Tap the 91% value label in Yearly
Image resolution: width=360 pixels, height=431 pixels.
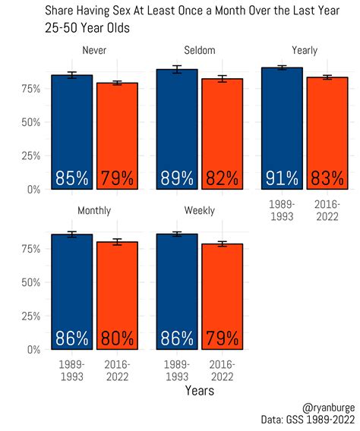point(281,179)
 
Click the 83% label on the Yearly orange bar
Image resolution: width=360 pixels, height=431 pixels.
point(327,179)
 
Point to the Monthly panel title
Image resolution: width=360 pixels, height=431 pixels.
point(94,210)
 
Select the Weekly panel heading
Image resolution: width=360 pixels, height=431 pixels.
point(199,210)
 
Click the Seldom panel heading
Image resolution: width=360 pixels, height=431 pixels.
point(199,50)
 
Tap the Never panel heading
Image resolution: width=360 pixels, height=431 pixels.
point(94,50)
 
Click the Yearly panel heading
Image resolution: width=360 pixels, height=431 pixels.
point(304,50)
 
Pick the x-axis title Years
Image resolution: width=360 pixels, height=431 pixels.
point(199,391)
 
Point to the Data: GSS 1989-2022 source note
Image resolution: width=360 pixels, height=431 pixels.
point(307,420)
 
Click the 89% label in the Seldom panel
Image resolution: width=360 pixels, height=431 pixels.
point(176,179)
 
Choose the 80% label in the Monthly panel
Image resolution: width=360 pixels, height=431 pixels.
point(117,339)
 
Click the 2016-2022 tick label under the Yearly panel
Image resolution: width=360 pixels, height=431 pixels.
point(327,210)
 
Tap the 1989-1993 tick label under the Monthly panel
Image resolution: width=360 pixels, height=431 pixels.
point(71,370)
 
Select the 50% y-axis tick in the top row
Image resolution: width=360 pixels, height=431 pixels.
point(30,122)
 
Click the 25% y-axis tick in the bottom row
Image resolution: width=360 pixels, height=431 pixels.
point(30,316)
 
